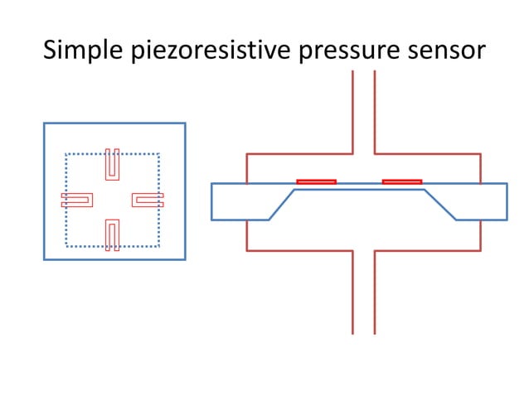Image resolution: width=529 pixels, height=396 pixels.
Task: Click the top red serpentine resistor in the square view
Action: pyautogui.click(x=113, y=164)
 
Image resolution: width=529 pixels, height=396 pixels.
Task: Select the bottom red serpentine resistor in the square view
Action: pyautogui.click(x=113, y=234)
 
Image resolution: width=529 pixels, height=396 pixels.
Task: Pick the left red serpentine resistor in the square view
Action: pyautogui.click(x=76, y=200)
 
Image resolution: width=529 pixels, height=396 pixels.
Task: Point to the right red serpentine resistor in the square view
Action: pyautogui.click(x=148, y=200)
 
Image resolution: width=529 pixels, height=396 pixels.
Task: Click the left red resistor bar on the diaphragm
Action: pyautogui.click(x=316, y=181)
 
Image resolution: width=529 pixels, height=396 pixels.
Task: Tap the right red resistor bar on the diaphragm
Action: pyautogui.click(x=401, y=181)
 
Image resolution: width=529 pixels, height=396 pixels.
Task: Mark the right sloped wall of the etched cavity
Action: pyautogui.click(x=439, y=205)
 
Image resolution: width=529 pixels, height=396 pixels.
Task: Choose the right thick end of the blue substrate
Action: pyautogui.click(x=483, y=201)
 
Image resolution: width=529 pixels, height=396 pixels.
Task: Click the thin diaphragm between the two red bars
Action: pyautogui.click(x=359, y=186)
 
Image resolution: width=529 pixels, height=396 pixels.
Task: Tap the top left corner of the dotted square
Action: pyautogui.click(x=66, y=154)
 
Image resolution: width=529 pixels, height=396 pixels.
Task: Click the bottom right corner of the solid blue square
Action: pyautogui.click(x=185, y=259)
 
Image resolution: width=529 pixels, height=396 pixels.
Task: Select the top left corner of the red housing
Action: pyautogui.click(x=247, y=154)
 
